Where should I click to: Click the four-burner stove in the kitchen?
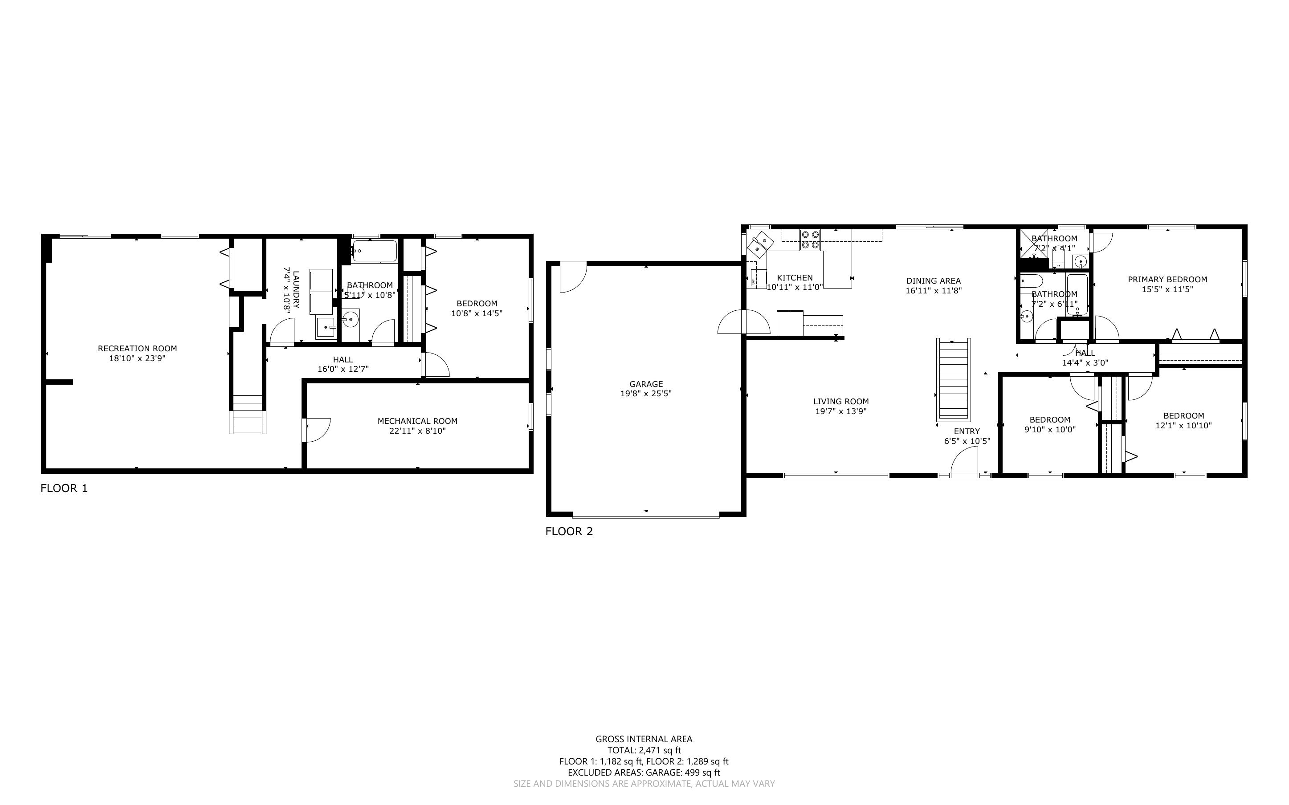click(x=810, y=240)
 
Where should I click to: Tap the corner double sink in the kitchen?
click(x=760, y=244)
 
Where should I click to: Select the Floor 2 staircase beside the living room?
click(x=953, y=379)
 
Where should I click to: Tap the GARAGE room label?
click(x=646, y=384)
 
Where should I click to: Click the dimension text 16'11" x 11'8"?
click(x=933, y=291)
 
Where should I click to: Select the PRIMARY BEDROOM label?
click(x=1167, y=280)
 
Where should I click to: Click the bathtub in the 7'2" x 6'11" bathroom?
click(x=1077, y=295)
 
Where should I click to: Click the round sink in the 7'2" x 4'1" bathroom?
click(x=1080, y=261)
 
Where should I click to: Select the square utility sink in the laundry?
click(x=325, y=327)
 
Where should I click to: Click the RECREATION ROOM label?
click(x=137, y=349)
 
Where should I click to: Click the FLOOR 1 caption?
click(x=64, y=488)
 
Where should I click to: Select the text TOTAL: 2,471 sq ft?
click(x=644, y=750)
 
